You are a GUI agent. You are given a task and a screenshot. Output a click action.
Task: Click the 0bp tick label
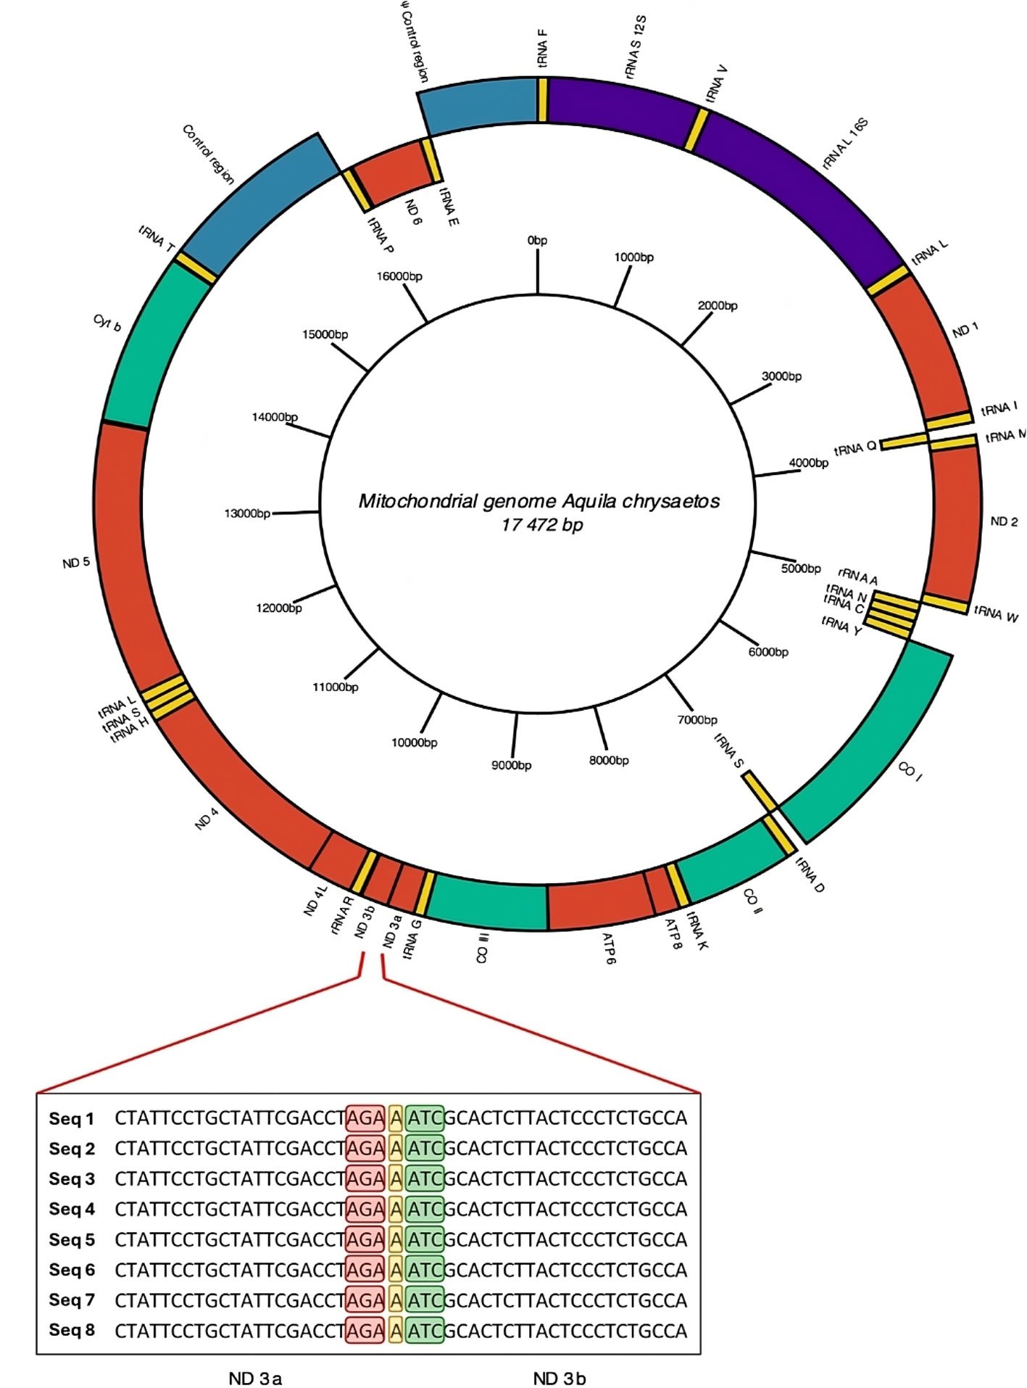[537, 240]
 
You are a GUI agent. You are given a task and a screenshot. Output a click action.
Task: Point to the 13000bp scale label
[247, 513]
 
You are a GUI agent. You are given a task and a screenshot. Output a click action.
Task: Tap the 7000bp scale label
[697, 719]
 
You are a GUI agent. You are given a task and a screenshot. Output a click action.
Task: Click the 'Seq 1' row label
[72, 1119]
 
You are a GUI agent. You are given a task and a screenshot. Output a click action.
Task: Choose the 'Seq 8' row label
[72, 1331]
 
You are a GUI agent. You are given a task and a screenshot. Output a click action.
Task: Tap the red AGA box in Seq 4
[365, 1209]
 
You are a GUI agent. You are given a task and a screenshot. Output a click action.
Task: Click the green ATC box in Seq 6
[425, 1270]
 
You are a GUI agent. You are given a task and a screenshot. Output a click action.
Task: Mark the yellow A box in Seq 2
[395, 1149]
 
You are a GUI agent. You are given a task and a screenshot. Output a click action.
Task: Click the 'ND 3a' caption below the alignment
[255, 1379]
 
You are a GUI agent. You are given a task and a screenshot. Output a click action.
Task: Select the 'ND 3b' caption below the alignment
[559, 1379]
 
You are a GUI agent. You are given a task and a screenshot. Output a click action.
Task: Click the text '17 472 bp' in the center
[541, 524]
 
